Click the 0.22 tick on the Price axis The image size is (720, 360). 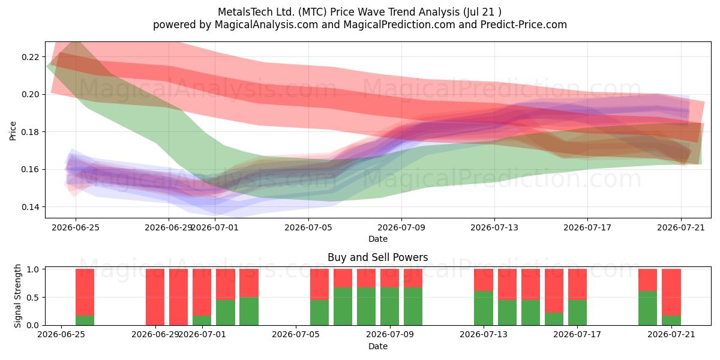(30, 57)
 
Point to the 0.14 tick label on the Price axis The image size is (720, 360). (30, 207)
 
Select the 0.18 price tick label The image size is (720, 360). (30, 132)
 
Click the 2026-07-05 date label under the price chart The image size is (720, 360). (308, 227)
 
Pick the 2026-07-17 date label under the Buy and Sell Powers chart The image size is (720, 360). (577, 334)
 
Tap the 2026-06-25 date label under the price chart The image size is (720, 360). (76, 227)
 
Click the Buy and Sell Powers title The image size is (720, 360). (377, 257)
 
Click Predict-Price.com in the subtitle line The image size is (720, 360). (524, 25)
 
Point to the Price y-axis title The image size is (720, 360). (13, 131)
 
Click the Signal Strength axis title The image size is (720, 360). (17, 296)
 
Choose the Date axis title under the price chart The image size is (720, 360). (377, 239)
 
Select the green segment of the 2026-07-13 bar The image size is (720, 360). (484, 308)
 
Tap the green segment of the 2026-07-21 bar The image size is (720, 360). (671, 320)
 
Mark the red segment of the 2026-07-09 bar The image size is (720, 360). (413, 278)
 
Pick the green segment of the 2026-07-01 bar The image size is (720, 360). (202, 320)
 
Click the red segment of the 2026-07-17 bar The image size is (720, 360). (577, 284)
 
